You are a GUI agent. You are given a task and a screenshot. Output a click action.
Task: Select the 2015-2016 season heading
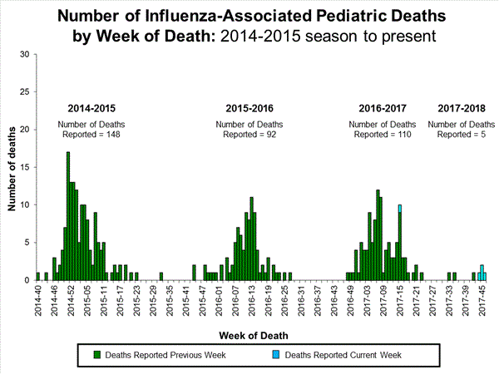pyautogui.click(x=249, y=108)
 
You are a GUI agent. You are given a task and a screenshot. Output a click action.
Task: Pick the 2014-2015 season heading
pyautogui.click(x=91, y=108)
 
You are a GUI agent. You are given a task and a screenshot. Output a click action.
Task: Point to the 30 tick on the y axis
pyautogui.click(x=24, y=55)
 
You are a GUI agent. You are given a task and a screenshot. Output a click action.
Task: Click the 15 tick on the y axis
pyautogui.click(x=24, y=167)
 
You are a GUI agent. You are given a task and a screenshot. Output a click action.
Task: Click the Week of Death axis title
pyautogui.click(x=254, y=335)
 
